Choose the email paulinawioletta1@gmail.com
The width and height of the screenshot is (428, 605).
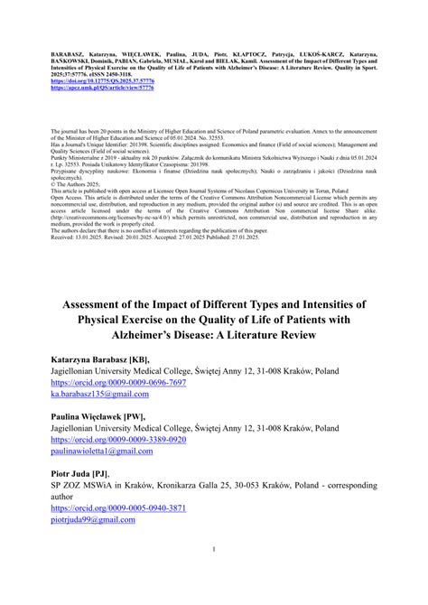pyautogui.click(x=115, y=451)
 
